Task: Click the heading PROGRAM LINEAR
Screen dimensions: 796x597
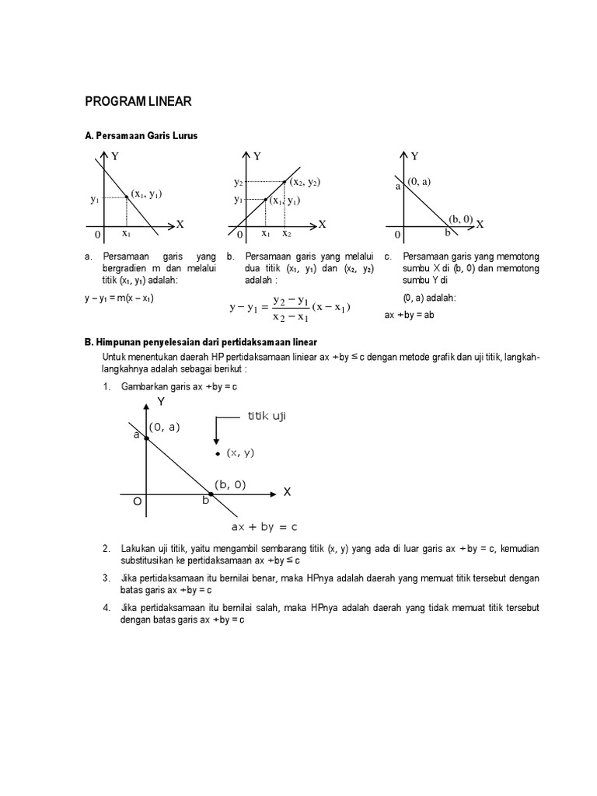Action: coord(137,101)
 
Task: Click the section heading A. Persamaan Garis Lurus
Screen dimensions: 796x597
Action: coord(141,135)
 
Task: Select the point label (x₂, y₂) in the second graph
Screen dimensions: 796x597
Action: coord(305,182)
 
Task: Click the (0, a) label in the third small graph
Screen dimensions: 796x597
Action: coord(418,181)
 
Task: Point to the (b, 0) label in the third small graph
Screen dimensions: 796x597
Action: coord(460,219)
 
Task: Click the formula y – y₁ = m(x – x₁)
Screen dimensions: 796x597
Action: coord(119,298)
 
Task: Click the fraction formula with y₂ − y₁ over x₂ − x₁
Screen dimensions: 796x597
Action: coord(290,307)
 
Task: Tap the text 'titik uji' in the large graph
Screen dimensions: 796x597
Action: coord(267,417)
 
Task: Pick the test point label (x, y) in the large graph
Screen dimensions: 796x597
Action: coord(240,452)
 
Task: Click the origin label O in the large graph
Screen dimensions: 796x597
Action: coord(137,502)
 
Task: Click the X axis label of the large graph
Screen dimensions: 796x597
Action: coord(286,492)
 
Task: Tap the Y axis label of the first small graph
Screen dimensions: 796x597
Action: coord(114,156)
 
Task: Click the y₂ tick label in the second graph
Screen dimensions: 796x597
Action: coord(238,182)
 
